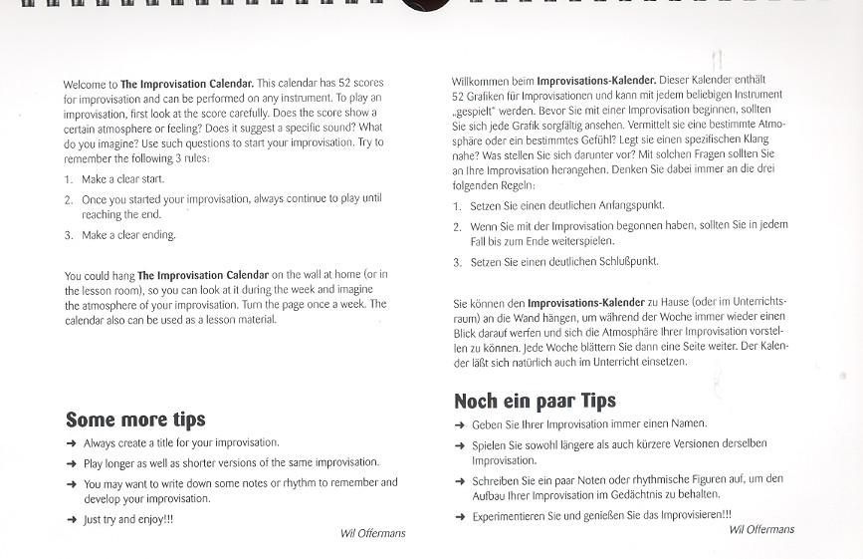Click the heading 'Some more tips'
(135, 419)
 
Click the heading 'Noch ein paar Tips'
(534, 401)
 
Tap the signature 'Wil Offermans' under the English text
(373, 533)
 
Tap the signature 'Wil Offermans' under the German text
(761, 529)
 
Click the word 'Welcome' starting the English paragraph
(84, 84)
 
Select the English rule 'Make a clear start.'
(122, 179)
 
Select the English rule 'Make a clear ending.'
(127, 235)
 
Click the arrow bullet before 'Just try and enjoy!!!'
(71, 519)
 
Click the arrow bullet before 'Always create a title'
(71, 443)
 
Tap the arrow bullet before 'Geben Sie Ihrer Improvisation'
(460, 424)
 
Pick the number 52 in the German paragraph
(459, 95)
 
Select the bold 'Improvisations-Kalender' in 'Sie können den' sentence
(586, 301)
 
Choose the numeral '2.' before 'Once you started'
(69, 200)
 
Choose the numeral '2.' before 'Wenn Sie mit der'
(457, 227)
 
